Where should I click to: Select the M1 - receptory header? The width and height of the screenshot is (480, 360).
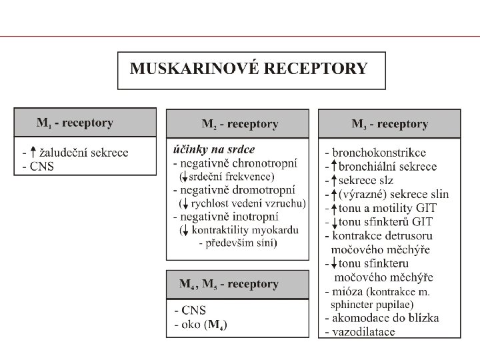75,123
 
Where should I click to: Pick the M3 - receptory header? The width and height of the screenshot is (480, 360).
390,124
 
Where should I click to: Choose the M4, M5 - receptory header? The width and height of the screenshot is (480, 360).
229,284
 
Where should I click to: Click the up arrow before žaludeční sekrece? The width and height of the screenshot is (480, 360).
33,151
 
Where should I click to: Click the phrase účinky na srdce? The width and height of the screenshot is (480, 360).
214,149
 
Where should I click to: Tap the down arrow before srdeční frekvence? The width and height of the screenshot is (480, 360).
183,177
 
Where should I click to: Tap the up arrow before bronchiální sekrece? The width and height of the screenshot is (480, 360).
333,167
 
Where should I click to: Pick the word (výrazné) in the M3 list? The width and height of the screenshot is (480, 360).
363,194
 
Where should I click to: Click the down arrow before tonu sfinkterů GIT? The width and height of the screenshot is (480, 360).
333,222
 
